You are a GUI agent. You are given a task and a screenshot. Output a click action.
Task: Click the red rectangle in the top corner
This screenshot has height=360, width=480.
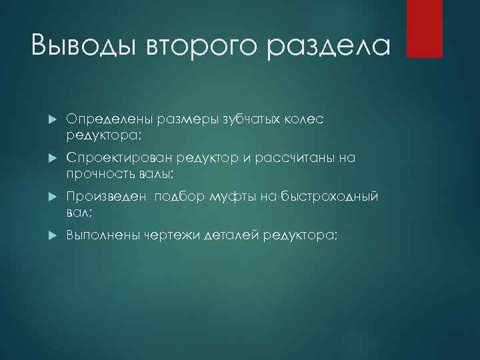(425, 28)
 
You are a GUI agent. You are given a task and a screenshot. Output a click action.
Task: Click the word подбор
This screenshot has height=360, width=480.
(180, 197)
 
